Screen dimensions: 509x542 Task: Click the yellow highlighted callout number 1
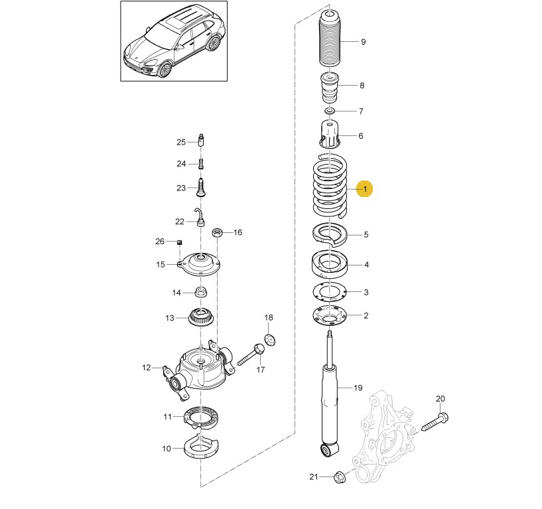364,190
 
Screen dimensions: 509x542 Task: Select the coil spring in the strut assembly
330,186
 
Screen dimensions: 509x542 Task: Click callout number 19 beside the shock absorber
358,388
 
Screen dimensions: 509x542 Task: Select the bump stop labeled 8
329,87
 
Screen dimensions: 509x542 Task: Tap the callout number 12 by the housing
147,367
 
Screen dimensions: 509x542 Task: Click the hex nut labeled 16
216,233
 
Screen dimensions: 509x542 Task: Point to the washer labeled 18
269,340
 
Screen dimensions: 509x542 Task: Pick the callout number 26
159,241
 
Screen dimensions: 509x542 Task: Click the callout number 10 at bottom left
167,449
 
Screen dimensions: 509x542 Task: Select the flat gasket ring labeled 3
330,291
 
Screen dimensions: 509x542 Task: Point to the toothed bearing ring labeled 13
200,317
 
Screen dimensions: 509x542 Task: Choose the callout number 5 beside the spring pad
366,234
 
